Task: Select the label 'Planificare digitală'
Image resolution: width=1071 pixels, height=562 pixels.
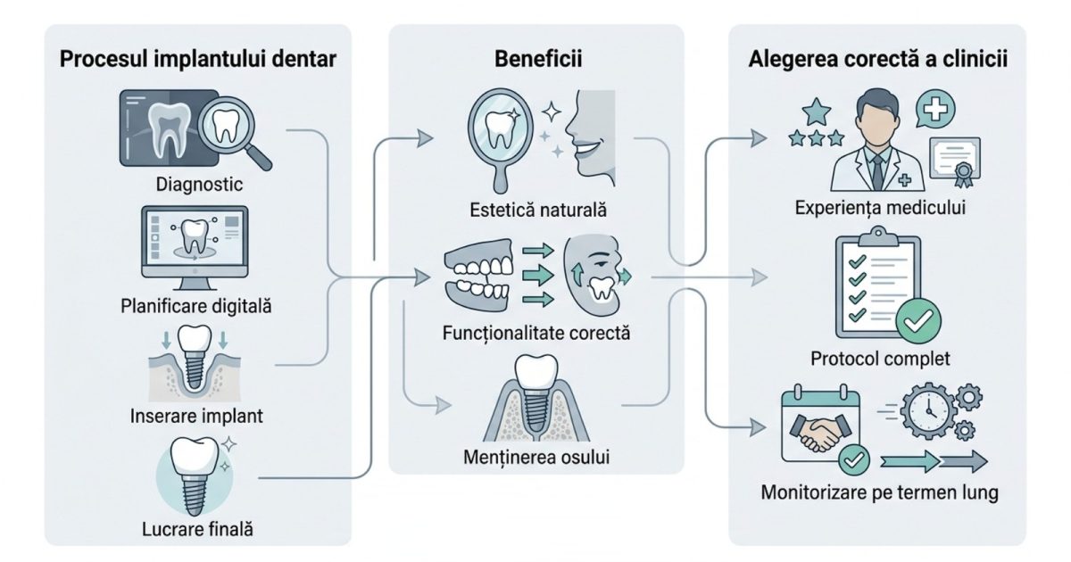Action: click(x=196, y=306)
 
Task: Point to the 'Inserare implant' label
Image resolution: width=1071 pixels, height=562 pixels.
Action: click(x=196, y=416)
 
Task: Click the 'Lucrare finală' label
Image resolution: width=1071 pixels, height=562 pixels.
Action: click(x=197, y=528)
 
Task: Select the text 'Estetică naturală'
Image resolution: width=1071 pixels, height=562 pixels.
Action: click(x=537, y=211)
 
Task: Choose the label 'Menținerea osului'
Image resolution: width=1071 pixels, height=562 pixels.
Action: click(x=536, y=459)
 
